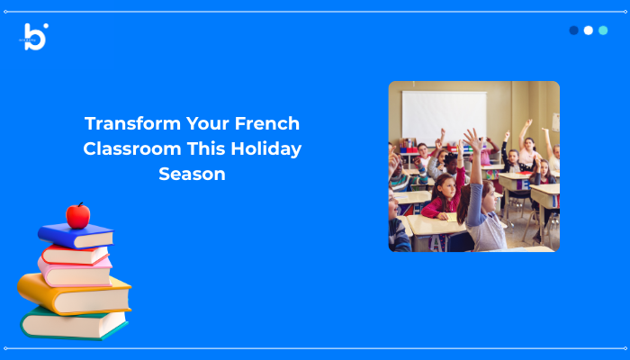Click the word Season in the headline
click(x=192, y=174)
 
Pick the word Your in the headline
click(x=205, y=123)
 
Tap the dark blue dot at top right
click(x=574, y=30)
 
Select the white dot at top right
click(x=589, y=30)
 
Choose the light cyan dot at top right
click(x=603, y=30)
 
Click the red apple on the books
click(x=78, y=216)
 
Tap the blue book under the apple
click(x=76, y=236)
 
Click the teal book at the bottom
click(x=72, y=322)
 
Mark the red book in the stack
click(x=76, y=254)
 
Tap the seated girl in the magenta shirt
click(x=445, y=198)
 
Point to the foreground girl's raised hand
click(x=471, y=138)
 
